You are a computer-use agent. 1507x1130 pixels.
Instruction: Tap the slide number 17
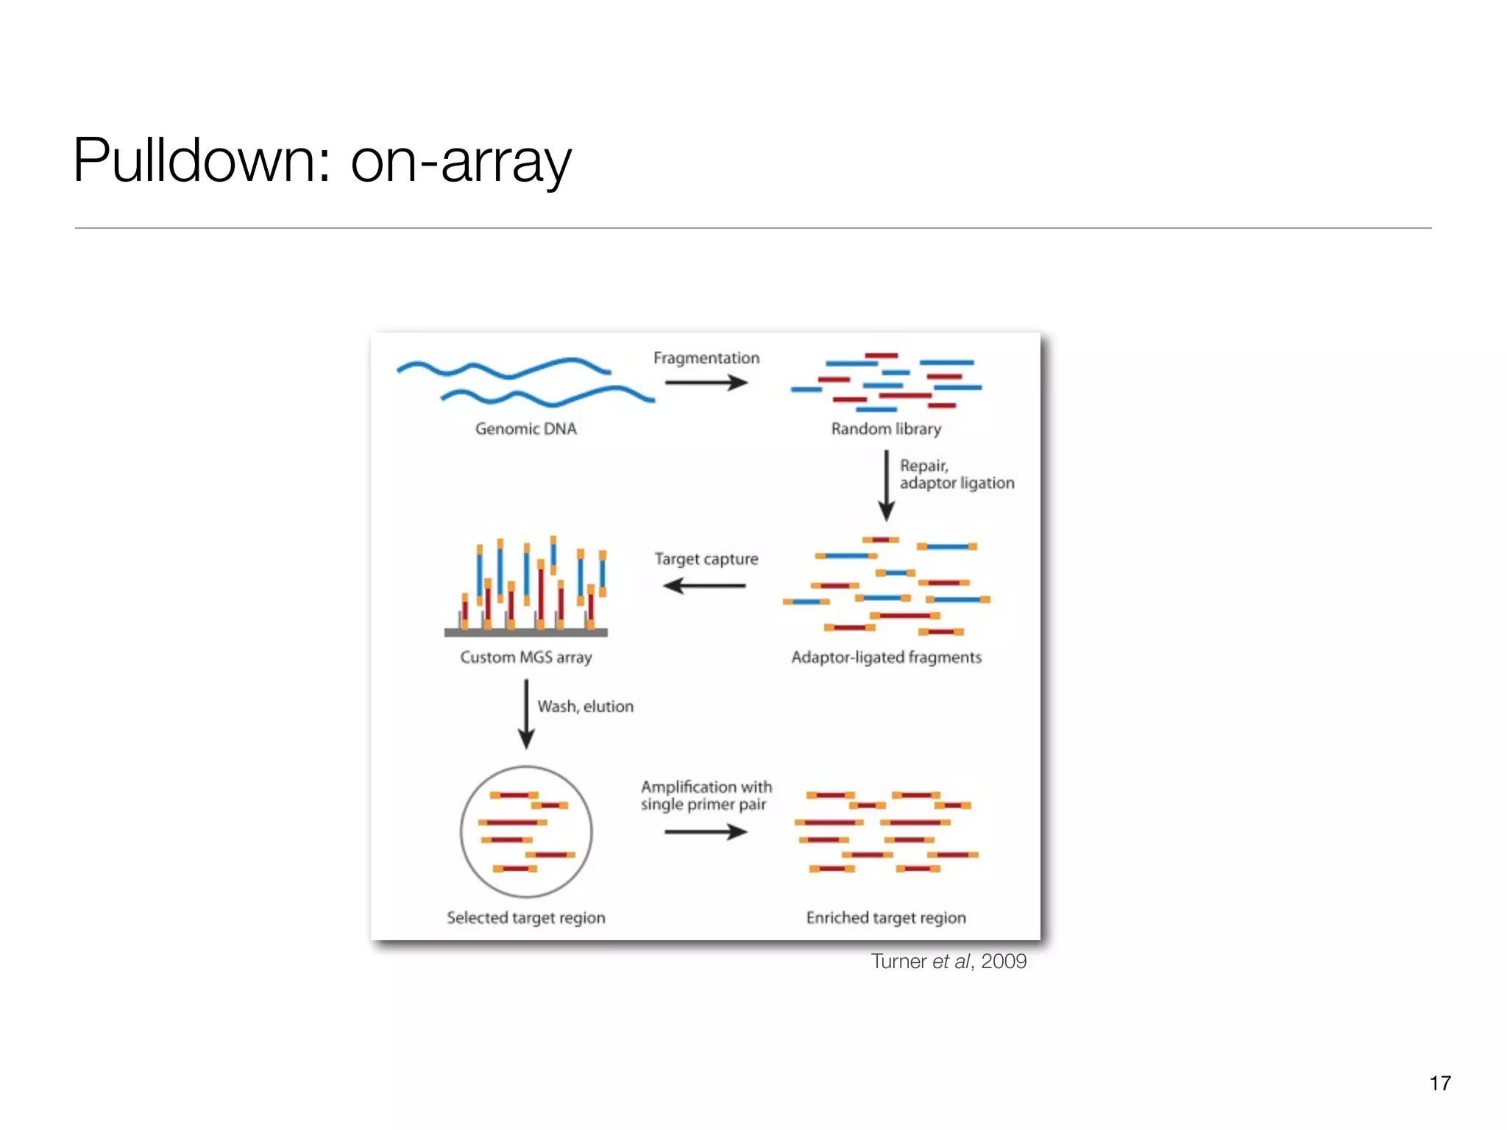pyautogui.click(x=1439, y=1083)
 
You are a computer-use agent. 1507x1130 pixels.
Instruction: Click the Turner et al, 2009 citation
pyautogui.click(x=948, y=962)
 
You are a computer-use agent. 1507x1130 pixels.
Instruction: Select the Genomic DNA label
pyautogui.click(x=525, y=429)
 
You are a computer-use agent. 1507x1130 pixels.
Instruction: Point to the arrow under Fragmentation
pyautogui.click(x=706, y=383)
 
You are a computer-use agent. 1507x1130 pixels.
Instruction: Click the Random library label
pyautogui.click(x=886, y=429)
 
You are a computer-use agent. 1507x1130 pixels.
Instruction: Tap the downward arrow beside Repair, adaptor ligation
pyautogui.click(x=886, y=486)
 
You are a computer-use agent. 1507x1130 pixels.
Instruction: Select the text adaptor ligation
pyautogui.click(x=957, y=483)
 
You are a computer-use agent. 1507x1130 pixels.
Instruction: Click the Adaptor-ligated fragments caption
pyautogui.click(x=886, y=658)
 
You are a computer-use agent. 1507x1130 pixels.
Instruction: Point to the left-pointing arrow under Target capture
pyautogui.click(x=704, y=586)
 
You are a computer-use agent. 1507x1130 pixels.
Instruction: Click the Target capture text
pyautogui.click(x=706, y=559)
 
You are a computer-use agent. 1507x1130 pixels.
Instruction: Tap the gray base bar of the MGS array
pyautogui.click(x=525, y=633)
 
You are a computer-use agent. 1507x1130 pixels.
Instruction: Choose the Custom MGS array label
pyautogui.click(x=525, y=658)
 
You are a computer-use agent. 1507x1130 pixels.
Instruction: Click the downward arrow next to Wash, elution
pyautogui.click(x=525, y=714)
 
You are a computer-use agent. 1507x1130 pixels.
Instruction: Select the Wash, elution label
pyautogui.click(x=585, y=707)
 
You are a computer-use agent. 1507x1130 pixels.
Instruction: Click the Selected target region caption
pyautogui.click(x=525, y=918)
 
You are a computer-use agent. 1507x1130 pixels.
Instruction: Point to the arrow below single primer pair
pyautogui.click(x=706, y=832)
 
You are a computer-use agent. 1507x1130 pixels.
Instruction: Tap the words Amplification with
pyautogui.click(x=706, y=787)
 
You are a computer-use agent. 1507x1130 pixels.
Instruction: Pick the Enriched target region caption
pyautogui.click(x=886, y=918)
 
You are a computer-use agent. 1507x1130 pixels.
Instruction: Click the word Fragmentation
pyautogui.click(x=706, y=358)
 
